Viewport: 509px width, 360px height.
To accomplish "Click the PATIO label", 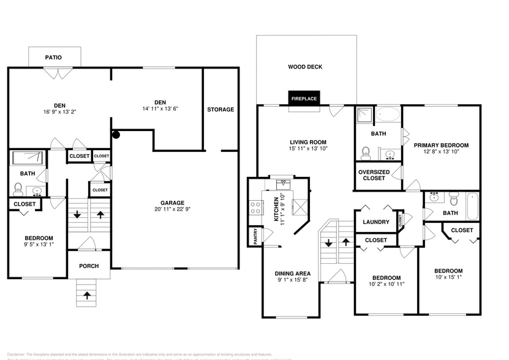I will (53, 58).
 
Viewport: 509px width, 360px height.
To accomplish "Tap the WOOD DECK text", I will (305, 67).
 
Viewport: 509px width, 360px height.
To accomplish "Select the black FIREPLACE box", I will (304, 99).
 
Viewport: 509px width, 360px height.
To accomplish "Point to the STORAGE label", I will (221, 110).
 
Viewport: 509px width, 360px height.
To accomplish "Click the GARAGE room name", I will (172, 203).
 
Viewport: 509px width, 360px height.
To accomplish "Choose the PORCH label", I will (88, 266).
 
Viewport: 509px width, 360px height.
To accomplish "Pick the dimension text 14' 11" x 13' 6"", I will (160, 109).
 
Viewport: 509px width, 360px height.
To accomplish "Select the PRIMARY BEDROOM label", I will (441, 145).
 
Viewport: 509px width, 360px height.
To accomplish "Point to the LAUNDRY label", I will (376, 222).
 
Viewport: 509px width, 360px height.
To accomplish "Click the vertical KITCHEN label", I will (277, 209).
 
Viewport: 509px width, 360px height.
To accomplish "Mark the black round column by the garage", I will (115, 134).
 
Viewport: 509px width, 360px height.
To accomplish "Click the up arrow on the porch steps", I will (87, 295).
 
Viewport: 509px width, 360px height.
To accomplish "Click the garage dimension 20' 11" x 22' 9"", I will (172, 210).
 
